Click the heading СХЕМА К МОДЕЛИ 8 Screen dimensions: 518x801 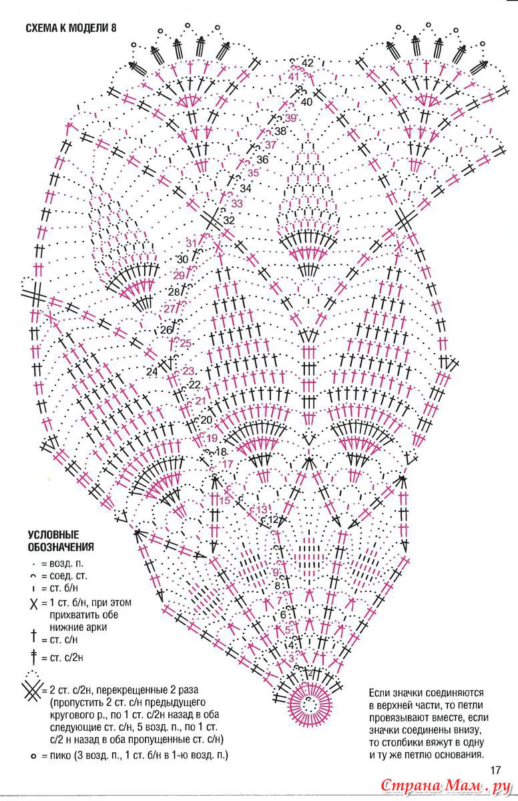coord(71,28)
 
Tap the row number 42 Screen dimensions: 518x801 coord(308,63)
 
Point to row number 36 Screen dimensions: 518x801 coord(262,160)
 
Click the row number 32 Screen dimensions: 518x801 coord(229,220)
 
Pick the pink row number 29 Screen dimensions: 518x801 coord(179,276)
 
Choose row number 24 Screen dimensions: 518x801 coord(152,372)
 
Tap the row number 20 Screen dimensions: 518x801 coord(207,420)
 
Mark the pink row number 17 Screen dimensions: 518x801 coord(228,465)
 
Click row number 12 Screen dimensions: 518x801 coord(273,519)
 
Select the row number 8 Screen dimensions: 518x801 coord(278,586)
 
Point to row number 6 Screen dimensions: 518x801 coord(283,615)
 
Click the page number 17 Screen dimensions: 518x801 coord(496,770)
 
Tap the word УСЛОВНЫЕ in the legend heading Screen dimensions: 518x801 coord(53,535)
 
